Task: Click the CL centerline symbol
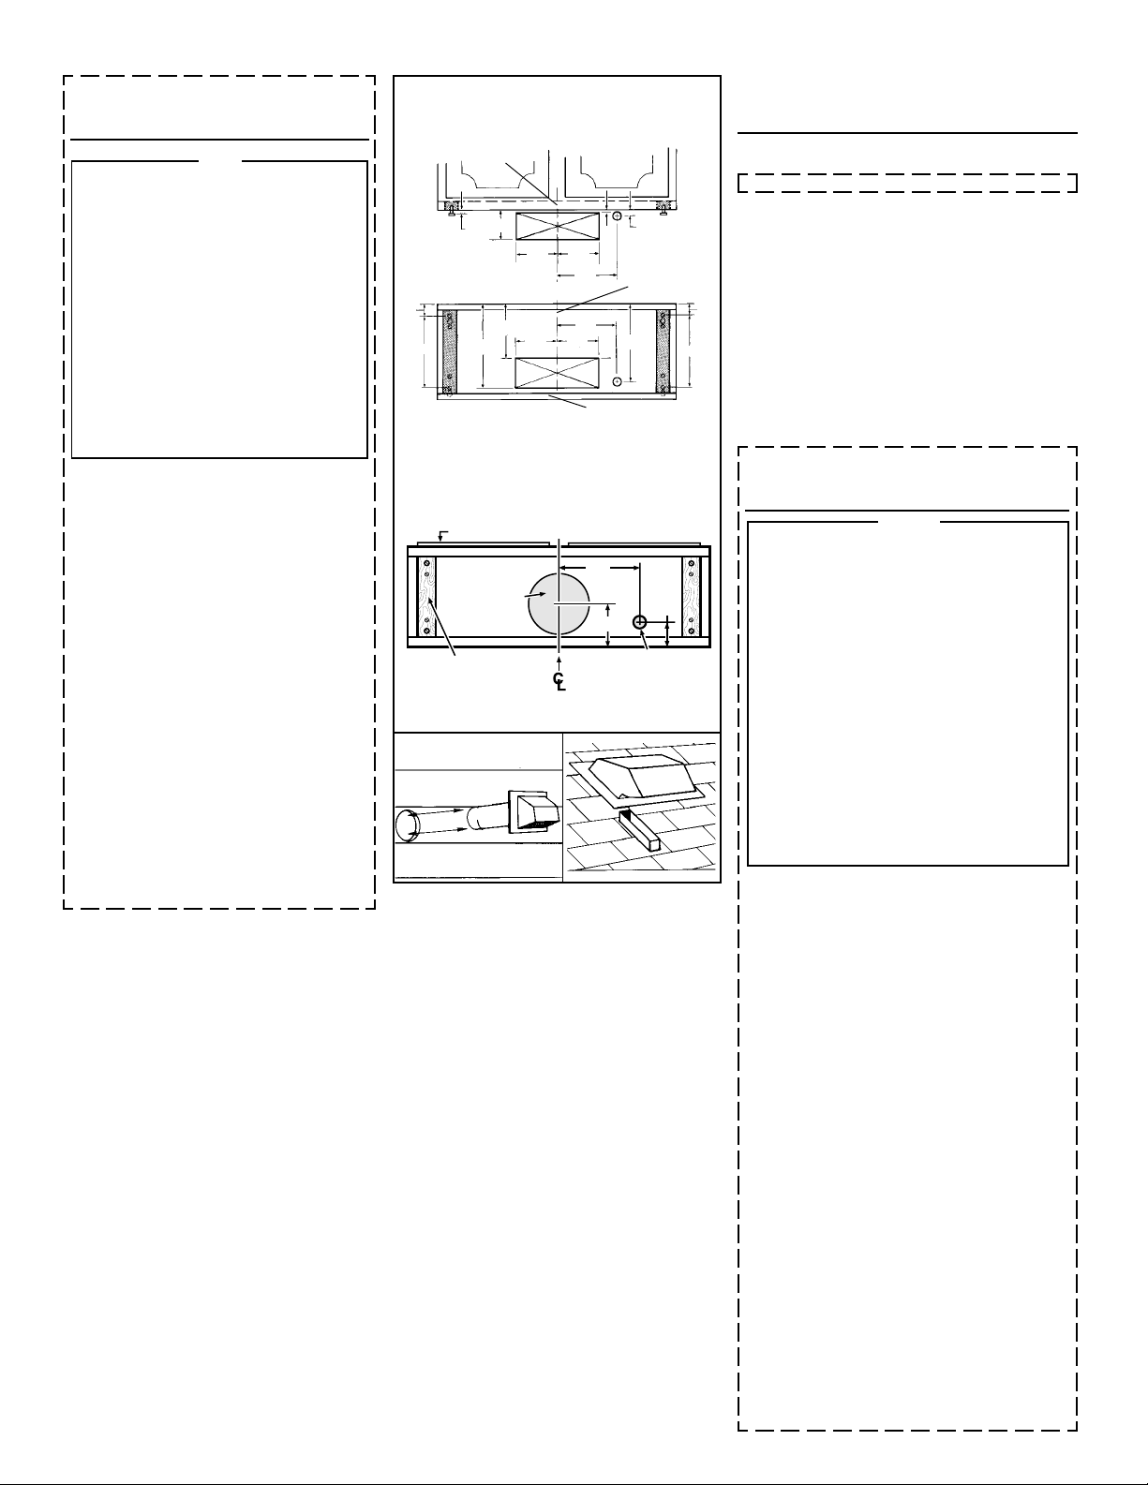pos(559,681)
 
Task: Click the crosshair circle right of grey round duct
pos(639,622)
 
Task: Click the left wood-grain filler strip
pos(426,597)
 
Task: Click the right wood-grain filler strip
pos(691,597)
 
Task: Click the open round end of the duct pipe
pos(408,824)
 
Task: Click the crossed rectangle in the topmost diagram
pos(557,227)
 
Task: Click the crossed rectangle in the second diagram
pos(557,373)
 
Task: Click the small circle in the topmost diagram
pos(617,215)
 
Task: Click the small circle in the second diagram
pos(617,380)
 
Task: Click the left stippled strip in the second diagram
pos(450,352)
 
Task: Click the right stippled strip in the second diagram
pos(663,352)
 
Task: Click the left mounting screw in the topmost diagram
pos(451,213)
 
